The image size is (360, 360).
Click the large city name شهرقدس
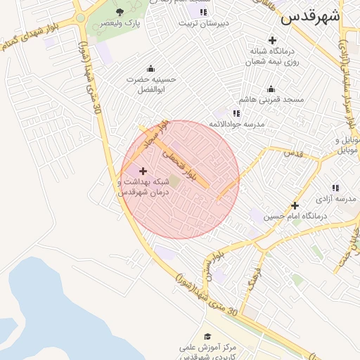click(x=310, y=17)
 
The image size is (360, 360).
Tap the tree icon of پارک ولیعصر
click(x=120, y=11)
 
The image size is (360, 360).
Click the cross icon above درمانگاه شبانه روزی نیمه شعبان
click(x=272, y=40)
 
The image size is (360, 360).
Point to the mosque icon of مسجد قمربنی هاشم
click(x=271, y=89)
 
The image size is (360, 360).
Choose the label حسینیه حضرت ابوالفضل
click(x=150, y=84)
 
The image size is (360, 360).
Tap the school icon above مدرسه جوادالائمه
click(x=237, y=112)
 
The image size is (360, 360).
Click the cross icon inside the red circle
click(x=143, y=171)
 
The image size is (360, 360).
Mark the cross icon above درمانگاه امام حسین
click(x=295, y=205)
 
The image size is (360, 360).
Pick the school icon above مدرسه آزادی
click(x=336, y=188)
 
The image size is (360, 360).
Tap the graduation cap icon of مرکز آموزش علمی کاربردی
click(x=207, y=337)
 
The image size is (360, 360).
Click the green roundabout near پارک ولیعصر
click(x=80, y=18)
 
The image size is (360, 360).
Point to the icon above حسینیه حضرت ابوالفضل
click(x=150, y=68)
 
